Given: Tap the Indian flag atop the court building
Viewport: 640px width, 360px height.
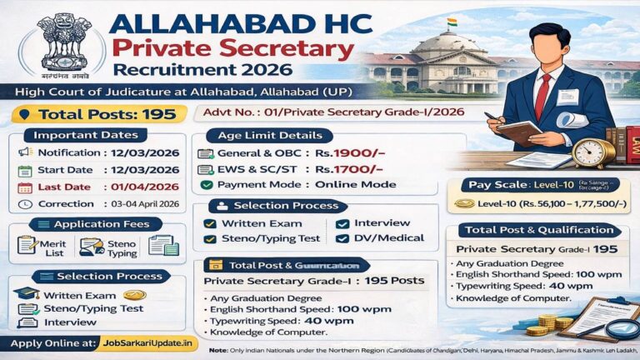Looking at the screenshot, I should [x=452, y=22].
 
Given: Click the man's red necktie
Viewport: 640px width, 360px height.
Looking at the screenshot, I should [x=543, y=92].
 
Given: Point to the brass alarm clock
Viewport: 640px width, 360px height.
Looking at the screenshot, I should [x=593, y=152].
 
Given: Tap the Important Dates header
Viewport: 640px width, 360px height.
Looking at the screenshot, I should [x=91, y=135].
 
